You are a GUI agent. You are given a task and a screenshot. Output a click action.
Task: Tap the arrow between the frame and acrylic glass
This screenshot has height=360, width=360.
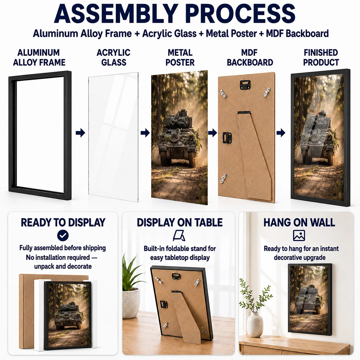coord(80,133)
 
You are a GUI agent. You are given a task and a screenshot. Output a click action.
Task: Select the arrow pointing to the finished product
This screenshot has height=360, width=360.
coord(281,133)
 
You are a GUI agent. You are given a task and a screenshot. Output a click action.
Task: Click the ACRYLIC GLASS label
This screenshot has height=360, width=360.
coord(113,57)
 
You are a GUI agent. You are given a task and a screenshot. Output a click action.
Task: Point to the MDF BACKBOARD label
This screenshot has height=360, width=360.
coord(250,57)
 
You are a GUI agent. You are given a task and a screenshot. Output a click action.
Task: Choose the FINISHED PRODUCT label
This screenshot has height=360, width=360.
coord(321,57)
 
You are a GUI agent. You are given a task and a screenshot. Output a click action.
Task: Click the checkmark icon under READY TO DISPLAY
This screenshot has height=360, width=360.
coord(63,235)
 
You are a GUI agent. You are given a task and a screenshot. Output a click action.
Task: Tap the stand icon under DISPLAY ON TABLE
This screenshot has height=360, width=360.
coord(179,235)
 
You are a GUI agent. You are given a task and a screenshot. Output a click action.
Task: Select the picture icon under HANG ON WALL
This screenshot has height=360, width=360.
coord(299,235)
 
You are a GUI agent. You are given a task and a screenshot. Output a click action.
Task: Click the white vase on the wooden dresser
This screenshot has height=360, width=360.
coord(255,325)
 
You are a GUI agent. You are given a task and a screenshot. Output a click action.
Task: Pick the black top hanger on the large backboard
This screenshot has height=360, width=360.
coord(245,85)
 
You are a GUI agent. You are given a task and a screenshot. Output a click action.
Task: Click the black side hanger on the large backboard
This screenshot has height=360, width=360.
coord(227,138)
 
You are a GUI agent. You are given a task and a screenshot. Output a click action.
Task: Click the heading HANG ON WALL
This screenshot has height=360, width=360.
coord(299,222)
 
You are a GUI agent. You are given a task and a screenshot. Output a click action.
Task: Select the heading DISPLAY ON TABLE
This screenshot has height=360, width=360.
coord(180,222)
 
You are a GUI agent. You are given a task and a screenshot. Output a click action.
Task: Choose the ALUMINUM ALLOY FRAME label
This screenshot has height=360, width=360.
coord(39,57)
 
